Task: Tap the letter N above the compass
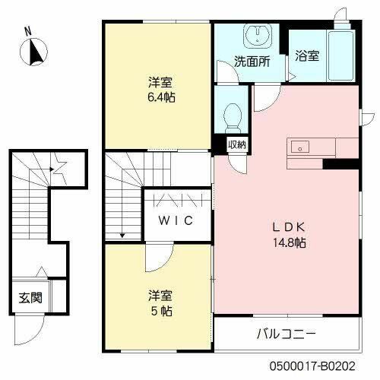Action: [28, 32]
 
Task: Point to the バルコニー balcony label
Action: [286, 333]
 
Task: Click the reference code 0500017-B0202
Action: [332, 366]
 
